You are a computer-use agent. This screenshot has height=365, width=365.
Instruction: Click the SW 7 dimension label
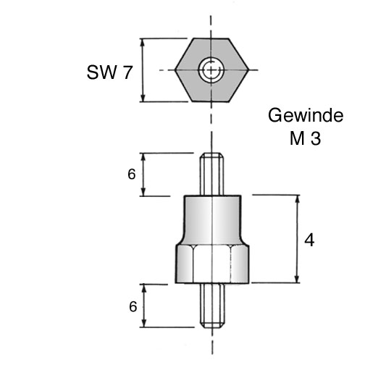[x=109, y=72]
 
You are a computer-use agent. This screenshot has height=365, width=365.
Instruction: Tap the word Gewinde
[x=306, y=115]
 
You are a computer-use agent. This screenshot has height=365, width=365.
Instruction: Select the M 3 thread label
[x=306, y=138]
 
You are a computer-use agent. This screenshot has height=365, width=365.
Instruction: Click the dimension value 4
[x=309, y=240]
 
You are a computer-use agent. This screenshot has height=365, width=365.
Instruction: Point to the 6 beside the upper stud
[x=132, y=175]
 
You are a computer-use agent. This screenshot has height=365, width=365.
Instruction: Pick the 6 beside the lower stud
[x=133, y=307]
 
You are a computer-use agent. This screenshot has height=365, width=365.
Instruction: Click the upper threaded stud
[x=211, y=175]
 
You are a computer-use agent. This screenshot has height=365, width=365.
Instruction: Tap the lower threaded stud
[x=212, y=306]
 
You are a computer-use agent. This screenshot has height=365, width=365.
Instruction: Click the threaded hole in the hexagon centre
[x=211, y=70]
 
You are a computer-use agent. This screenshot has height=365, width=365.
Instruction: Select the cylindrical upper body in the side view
[x=212, y=220]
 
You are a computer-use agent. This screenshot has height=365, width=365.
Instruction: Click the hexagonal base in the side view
[x=212, y=264]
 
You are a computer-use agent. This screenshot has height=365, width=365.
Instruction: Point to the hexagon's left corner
[x=175, y=70]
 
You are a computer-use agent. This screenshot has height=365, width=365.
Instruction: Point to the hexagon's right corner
[x=248, y=70]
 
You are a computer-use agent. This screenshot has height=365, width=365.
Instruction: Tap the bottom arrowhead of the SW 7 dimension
[x=143, y=98]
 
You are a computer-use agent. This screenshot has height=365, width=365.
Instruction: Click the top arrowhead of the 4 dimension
[x=298, y=199]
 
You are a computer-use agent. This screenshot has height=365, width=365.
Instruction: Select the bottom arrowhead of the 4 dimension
[x=298, y=278]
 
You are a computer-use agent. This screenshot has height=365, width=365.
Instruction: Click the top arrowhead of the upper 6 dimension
[x=143, y=157]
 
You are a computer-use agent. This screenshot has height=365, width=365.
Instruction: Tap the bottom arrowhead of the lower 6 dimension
[x=144, y=323]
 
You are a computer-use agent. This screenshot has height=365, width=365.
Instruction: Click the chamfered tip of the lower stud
[x=212, y=325]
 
